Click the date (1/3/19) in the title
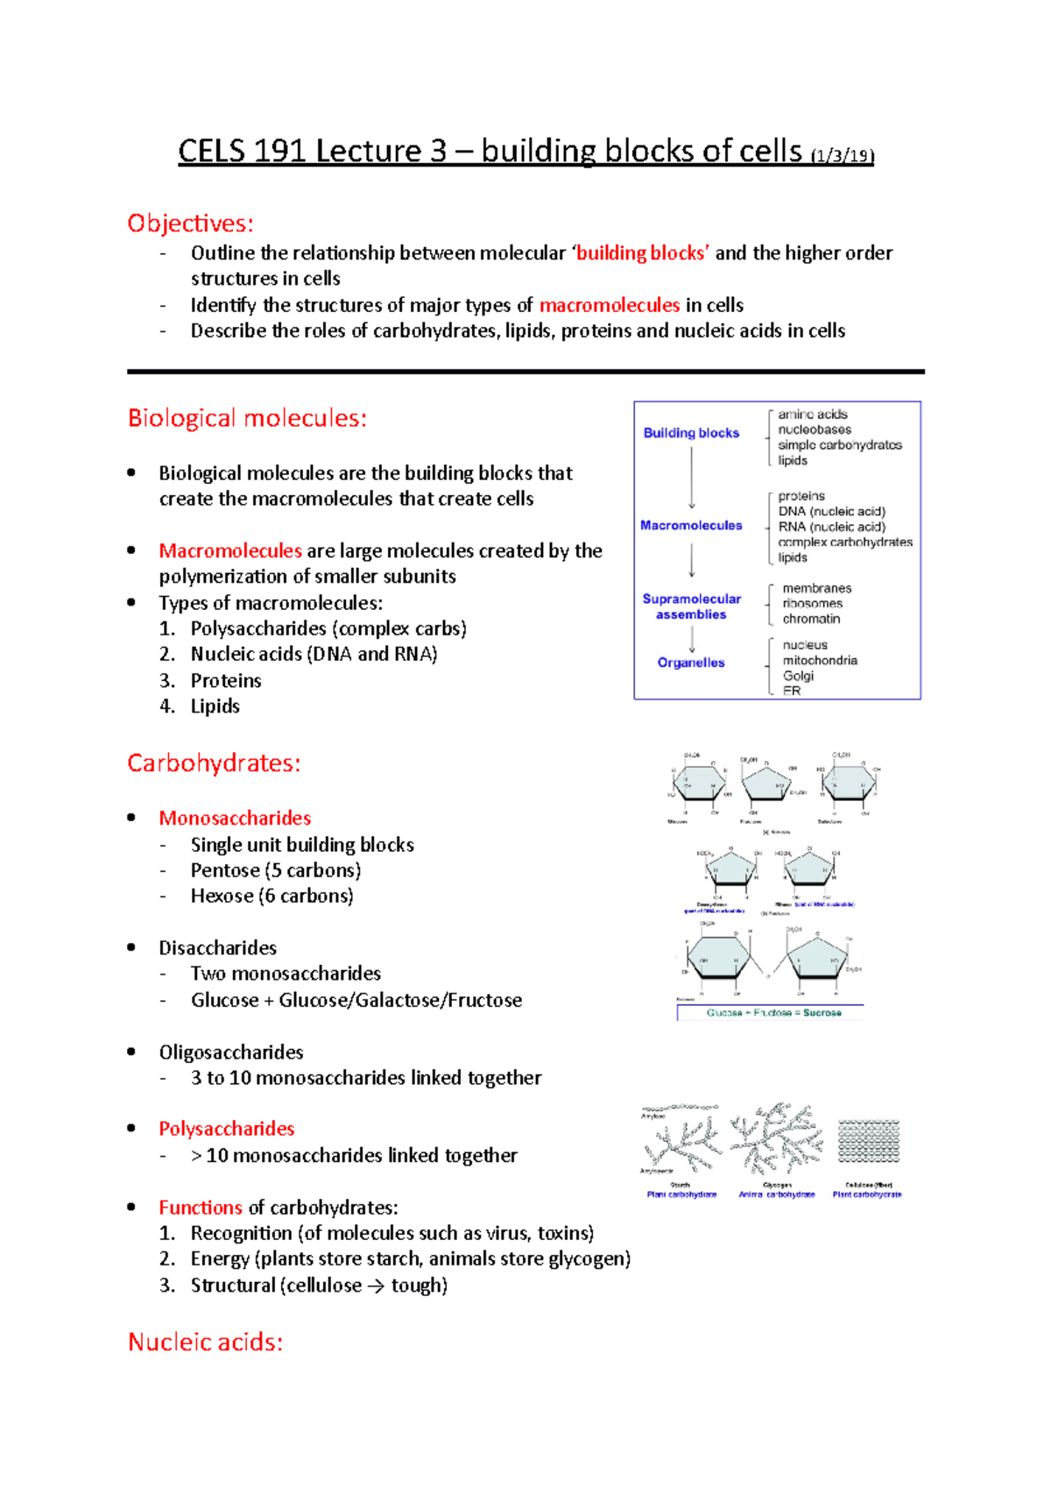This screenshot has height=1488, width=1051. [x=842, y=157]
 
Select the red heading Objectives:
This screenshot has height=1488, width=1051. [x=190, y=223]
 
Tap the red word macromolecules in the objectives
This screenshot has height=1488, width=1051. [x=609, y=305]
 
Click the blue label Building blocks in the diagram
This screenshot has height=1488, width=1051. [x=691, y=433]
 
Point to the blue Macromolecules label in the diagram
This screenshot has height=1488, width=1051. [x=691, y=525]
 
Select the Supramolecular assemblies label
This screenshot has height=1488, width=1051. [x=691, y=606]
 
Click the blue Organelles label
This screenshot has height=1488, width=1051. [x=691, y=663]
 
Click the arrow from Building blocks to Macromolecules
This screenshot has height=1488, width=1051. [x=692, y=478]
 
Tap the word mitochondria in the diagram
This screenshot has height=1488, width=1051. [x=820, y=661]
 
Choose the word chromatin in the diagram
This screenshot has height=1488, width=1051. [x=811, y=619]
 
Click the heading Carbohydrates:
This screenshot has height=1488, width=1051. [x=214, y=763]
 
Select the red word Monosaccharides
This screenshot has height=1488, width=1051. [x=235, y=818]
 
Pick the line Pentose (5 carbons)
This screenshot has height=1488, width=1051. [x=275, y=870]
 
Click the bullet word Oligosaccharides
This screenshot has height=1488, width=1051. [x=231, y=1052]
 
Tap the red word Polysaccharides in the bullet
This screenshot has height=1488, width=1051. [x=226, y=1129]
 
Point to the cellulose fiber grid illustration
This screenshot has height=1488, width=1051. [x=868, y=1141]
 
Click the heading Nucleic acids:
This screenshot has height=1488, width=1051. [x=205, y=1343]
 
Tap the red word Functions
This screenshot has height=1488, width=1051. [x=200, y=1208]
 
